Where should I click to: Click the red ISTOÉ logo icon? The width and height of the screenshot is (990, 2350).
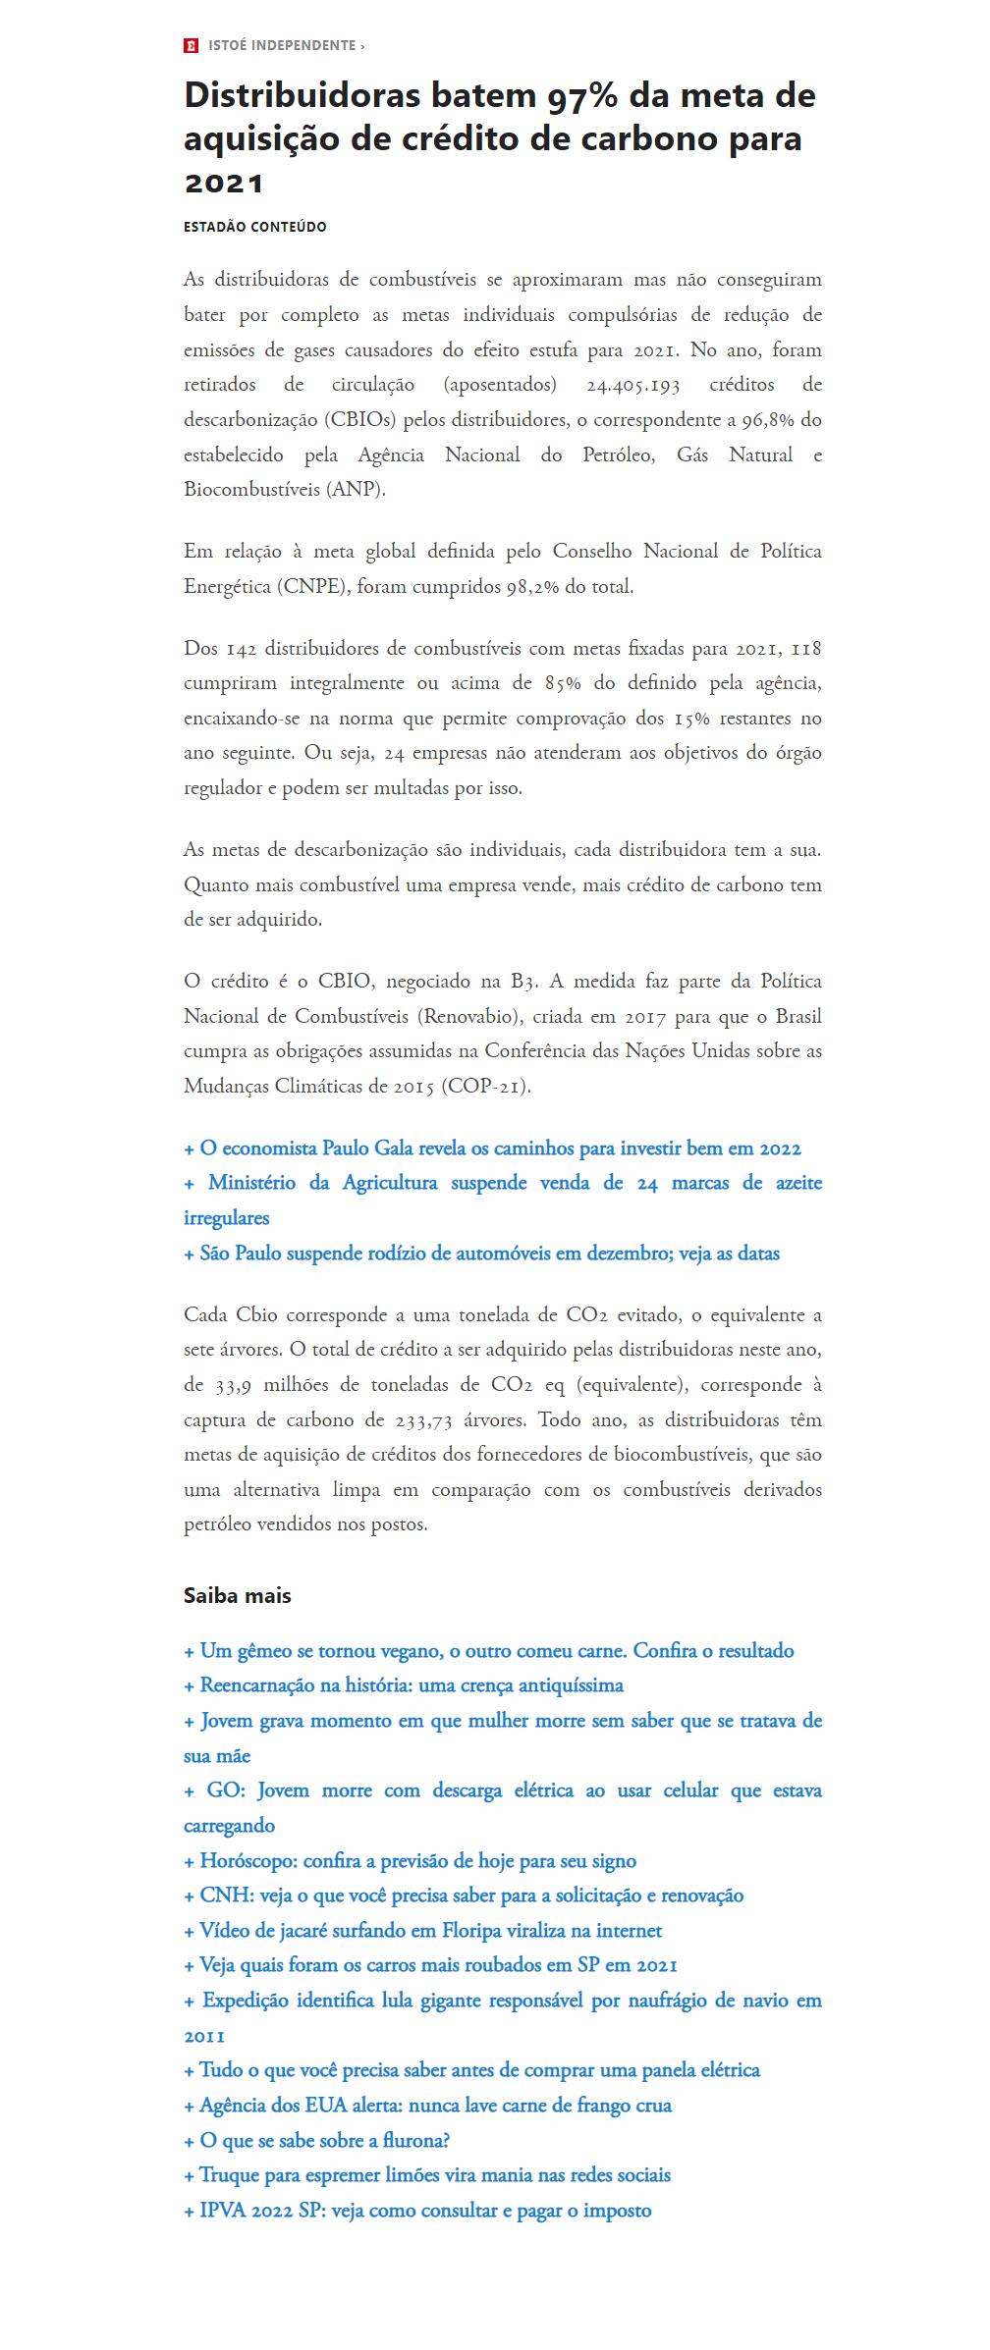[x=191, y=46]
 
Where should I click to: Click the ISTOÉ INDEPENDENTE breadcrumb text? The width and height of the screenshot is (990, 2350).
[x=283, y=46]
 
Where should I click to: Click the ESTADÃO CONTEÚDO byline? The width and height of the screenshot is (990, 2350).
[x=255, y=227]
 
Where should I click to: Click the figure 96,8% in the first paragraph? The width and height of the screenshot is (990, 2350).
[x=771, y=420]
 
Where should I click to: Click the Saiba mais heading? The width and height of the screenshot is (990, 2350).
[x=238, y=1595]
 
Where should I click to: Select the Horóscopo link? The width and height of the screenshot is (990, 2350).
[x=411, y=1861]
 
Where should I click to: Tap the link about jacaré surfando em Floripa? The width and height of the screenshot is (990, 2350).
[x=423, y=1931]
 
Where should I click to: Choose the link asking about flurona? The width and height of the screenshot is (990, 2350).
[x=317, y=2141]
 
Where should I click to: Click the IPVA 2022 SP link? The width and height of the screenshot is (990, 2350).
[x=418, y=2211]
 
